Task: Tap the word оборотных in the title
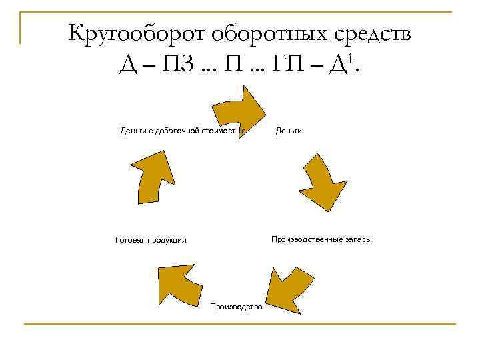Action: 264,33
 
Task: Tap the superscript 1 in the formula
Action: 351,59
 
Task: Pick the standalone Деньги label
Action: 289,131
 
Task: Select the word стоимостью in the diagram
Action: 225,131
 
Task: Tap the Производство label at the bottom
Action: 236,306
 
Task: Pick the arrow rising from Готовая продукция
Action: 152,176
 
